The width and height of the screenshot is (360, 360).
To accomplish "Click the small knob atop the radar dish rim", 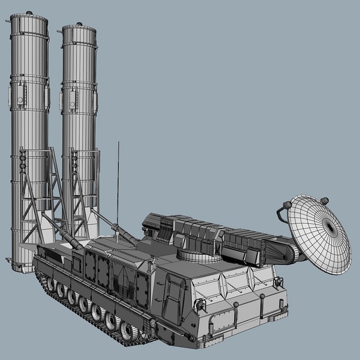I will click(x=324, y=201).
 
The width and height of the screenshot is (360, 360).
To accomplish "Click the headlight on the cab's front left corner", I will click(x=200, y=305).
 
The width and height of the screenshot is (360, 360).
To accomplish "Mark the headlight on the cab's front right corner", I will click(x=278, y=281).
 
